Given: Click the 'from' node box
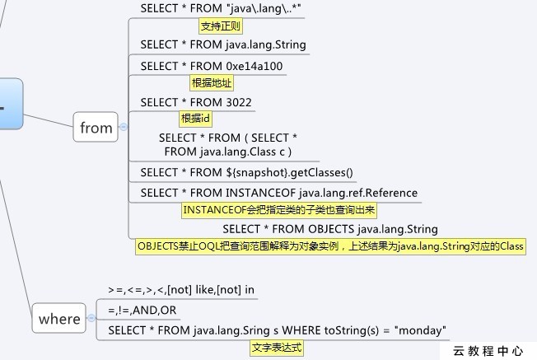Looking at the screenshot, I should (96, 128).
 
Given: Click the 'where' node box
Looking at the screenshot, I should (59, 319).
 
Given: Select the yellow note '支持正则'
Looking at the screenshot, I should (221, 26).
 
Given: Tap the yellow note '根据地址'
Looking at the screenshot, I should (212, 82).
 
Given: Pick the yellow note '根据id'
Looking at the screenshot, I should (196, 119).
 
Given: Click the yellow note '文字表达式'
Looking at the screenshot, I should (277, 348).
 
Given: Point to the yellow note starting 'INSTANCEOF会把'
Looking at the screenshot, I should (279, 210).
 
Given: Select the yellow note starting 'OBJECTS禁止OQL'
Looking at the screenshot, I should (330, 246).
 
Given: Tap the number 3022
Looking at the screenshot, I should (239, 102).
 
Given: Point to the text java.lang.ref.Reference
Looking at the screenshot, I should (357, 193).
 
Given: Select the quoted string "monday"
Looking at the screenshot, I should (421, 330).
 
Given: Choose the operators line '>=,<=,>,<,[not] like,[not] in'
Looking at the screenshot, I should (181, 290).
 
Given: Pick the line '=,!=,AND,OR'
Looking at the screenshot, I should (142, 311).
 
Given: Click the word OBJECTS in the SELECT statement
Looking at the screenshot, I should (331, 229).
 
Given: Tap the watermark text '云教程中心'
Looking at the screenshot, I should (488, 351).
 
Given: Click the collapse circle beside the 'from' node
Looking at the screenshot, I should (124, 128).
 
